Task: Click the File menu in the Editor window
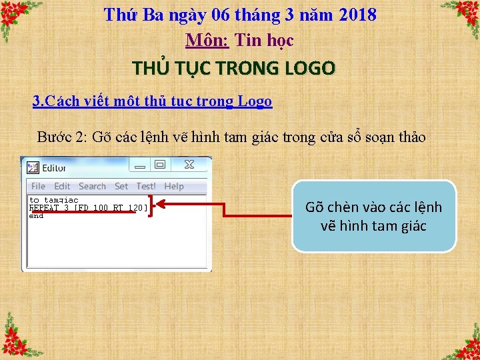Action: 38,187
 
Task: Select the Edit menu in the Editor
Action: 62,187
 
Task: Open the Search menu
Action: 92,187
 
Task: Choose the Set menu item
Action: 121,187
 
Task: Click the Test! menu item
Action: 146,187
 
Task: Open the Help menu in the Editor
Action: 174,187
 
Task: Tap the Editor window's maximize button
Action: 160,165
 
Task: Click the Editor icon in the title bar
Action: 33,168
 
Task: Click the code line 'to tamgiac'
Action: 53,200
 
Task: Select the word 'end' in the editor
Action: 36,216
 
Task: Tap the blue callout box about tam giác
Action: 373,216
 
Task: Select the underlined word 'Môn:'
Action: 207,41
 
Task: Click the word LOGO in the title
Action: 309,68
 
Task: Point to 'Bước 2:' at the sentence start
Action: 61,137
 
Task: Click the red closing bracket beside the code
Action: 152,206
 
